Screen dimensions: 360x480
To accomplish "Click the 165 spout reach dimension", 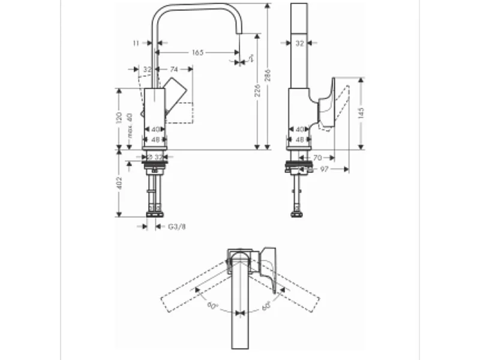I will click(197, 53).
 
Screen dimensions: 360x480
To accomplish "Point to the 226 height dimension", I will click(257, 91).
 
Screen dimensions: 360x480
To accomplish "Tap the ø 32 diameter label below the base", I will click(155, 156).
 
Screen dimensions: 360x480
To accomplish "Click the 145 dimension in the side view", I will click(360, 113).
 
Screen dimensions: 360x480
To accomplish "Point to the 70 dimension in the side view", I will click(317, 158).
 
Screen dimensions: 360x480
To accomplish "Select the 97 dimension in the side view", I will click(323, 169).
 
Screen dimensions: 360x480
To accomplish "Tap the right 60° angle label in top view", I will click(266, 307).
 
